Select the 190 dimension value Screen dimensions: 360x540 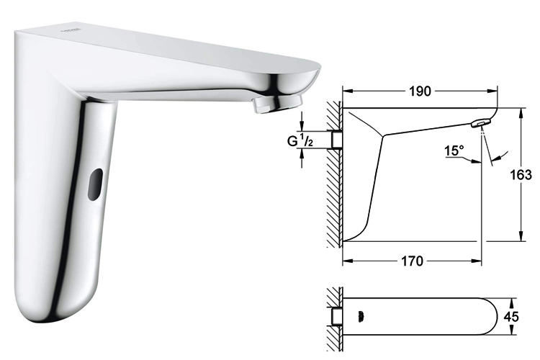pyautogui.click(x=420, y=91)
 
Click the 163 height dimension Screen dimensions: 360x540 pyautogui.click(x=525, y=175)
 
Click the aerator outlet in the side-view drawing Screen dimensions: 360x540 pyautogui.click(x=478, y=125)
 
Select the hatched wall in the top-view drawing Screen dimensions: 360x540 pyautogui.click(x=333, y=317)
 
